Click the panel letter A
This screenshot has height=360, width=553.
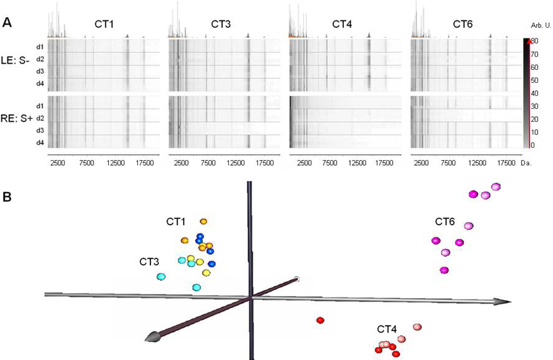[x=7, y=22]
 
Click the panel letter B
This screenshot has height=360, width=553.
[x=7, y=198]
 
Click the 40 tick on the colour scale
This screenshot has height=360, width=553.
[x=536, y=93]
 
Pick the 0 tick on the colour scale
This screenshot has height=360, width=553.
[x=534, y=145]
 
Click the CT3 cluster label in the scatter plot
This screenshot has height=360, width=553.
[x=150, y=262]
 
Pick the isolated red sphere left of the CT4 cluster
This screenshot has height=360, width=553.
[x=320, y=320]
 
